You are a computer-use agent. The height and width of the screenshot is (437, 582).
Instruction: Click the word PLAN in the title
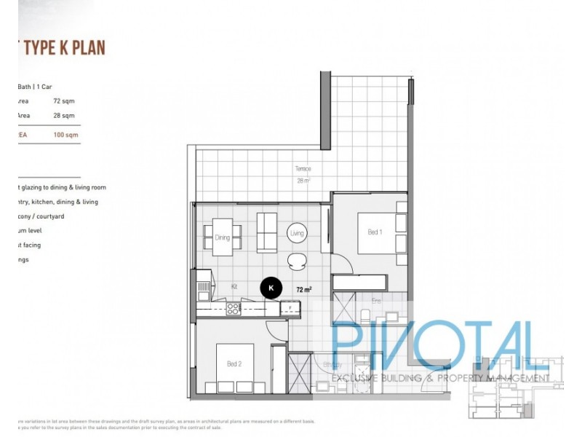88,48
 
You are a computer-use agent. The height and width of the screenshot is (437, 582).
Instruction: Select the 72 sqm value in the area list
63,101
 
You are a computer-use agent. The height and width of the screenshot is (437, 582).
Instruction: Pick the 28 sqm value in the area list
63,116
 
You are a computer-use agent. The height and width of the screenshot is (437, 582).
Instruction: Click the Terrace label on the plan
303,168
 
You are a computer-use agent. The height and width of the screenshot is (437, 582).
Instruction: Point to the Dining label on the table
223,237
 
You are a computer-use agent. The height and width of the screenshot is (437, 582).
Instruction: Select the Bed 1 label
374,232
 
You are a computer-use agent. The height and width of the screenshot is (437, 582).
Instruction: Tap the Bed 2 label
234,363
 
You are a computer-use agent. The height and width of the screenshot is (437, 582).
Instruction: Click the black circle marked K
271,288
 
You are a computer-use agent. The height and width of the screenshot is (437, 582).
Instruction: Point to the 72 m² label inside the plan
304,289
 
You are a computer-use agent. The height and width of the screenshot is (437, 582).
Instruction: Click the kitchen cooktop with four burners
233,309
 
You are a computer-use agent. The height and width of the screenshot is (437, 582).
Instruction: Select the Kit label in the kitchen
235,286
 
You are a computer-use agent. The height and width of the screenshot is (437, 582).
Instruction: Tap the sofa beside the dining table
266,231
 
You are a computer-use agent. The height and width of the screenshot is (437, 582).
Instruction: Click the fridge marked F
290,309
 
